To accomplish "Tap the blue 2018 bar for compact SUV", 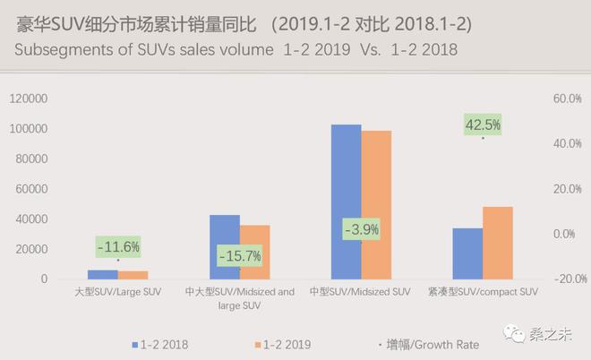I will click(x=467, y=253).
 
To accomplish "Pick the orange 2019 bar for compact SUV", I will click(x=498, y=243).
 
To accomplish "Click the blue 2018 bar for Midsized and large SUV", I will click(x=224, y=247).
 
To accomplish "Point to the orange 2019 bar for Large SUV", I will click(x=133, y=275).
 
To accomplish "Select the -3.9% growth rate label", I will click(x=362, y=229).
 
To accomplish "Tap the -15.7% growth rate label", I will click(x=239, y=256).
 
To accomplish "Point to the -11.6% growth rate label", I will click(x=118, y=246).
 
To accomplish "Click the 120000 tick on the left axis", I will click(x=30, y=99).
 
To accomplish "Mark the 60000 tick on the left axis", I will click(x=33, y=189).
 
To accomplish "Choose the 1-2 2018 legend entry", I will click(x=160, y=344).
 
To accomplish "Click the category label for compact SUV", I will click(x=483, y=292).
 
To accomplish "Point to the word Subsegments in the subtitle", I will click(x=65, y=50).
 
